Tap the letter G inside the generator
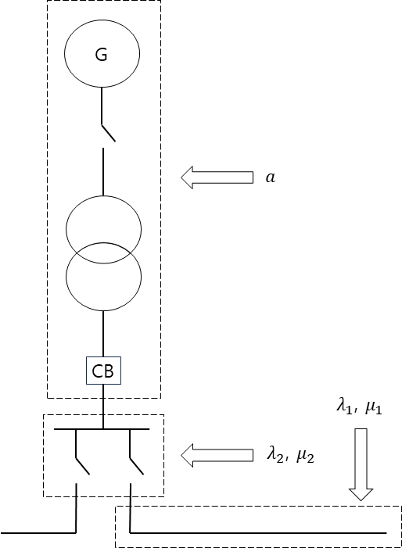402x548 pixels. point(102,55)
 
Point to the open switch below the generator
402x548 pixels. point(109,133)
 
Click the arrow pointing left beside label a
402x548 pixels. point(217,177)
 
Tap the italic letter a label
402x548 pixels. point(270,177)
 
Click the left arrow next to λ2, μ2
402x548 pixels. point(217,455)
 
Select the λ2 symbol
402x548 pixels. point(275,455)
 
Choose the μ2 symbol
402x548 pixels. point(306,457)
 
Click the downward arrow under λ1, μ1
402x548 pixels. point(361,464)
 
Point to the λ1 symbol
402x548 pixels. point(344,407)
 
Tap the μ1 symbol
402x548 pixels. point(373,408)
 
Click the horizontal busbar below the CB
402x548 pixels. point(102,429)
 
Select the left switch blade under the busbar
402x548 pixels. point(82,466)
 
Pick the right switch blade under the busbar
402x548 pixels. point(137,466)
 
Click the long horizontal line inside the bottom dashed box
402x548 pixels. point(258,533)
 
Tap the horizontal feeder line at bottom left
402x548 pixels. point(38,533)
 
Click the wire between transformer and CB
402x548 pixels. point(103,334)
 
